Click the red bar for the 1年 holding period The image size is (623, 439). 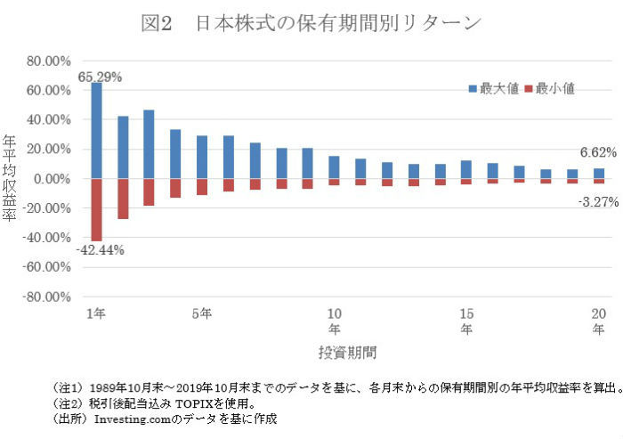96,209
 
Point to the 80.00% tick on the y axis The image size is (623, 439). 49,61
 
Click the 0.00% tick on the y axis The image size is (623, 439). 52,179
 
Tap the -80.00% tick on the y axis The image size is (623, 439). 48,297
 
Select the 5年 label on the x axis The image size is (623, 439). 202,313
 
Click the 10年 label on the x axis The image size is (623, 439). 334,321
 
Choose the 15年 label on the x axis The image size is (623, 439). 465,321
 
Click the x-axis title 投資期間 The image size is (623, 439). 347,352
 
